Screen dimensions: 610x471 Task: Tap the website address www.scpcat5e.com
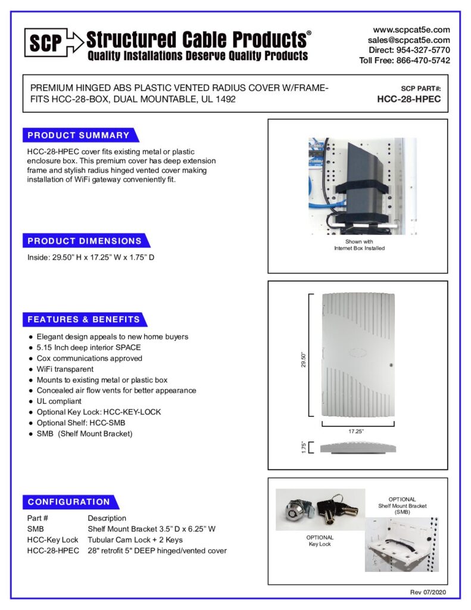point(411,29)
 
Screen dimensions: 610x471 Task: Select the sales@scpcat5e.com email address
point(409,39)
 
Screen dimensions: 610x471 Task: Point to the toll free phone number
point(405,60)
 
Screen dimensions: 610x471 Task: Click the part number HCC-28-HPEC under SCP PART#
point(409,99)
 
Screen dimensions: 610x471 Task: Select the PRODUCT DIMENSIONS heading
point(85,241)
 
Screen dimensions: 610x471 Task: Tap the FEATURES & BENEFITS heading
point(84,319)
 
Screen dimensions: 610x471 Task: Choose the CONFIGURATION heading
point(69,502)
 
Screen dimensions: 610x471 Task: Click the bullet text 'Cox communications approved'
point(89,358)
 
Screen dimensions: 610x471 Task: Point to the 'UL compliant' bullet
point(59,401)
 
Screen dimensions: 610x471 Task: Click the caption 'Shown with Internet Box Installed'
point(358,245)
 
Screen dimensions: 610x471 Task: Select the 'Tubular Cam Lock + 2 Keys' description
point(135,540)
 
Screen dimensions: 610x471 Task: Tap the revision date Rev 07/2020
point(428,592)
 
